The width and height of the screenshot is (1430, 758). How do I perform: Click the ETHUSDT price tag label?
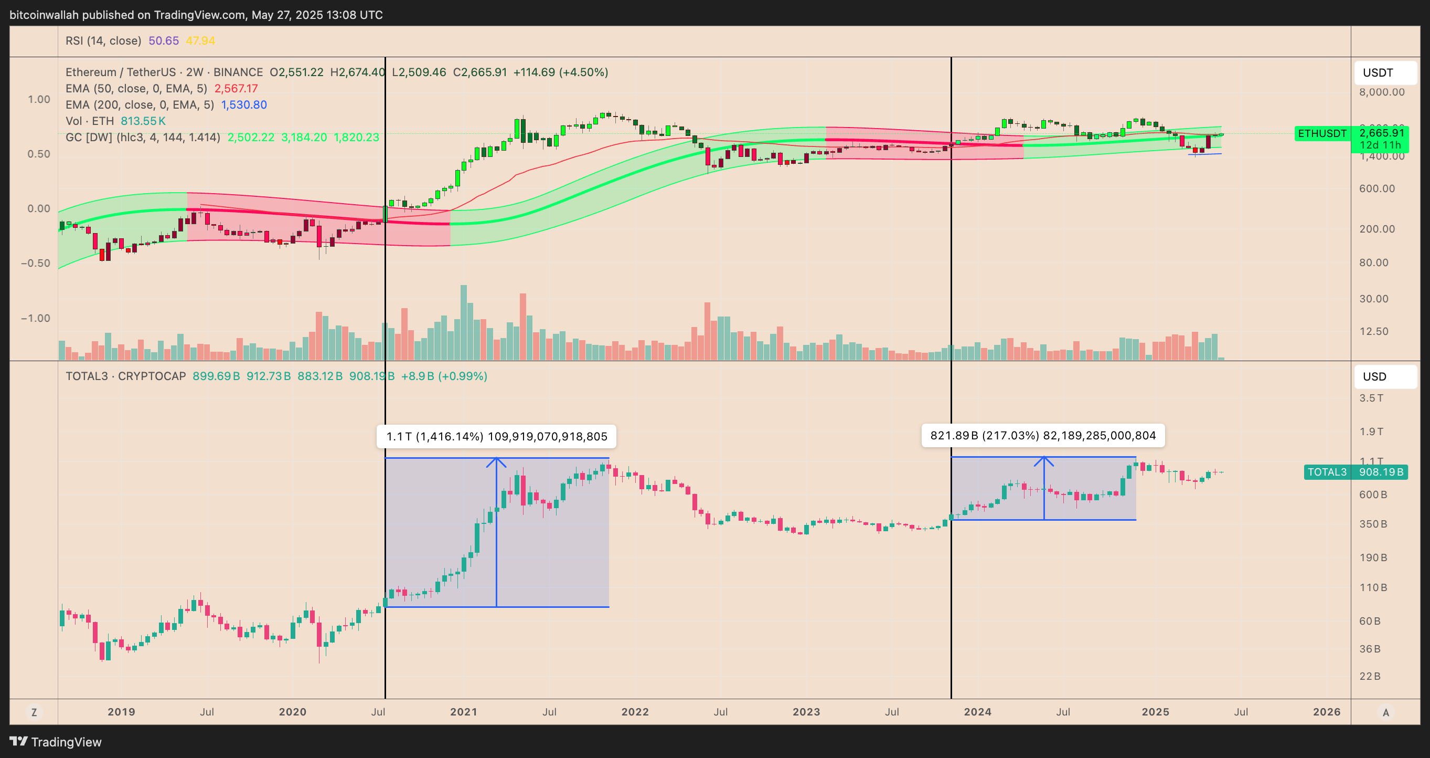tap(1322, 134)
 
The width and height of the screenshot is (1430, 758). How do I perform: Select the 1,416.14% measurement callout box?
tap(496, 436)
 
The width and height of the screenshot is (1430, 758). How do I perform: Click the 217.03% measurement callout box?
tap(1042, 435)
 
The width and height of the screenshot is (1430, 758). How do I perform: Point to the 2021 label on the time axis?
tap(464, 712)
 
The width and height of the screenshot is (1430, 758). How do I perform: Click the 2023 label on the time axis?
tap(806, 712)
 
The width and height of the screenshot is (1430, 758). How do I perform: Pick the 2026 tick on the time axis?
tap(1326, 712)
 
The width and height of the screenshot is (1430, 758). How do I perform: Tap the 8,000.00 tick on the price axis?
tap(1382, 92)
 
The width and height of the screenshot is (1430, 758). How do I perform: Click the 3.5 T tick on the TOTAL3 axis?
tap(1371, 398)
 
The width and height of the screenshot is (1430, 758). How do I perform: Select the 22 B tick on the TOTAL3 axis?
tap(1370, 676)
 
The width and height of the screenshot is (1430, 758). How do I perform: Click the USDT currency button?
tap(1385, 73)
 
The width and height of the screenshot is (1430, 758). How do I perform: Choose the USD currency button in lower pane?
tap(1385, 376)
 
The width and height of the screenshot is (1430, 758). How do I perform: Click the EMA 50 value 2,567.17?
tap(236, 89)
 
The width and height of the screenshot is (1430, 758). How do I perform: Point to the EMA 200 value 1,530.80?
tap(244, 105)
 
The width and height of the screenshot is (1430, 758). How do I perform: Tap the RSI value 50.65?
tap(164, 40)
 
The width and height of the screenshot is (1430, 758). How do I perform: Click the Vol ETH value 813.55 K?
tap(143, 121)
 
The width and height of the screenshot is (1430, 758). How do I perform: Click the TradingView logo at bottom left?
tap(56, 742)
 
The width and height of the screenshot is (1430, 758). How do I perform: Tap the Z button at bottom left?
tap(35, 712)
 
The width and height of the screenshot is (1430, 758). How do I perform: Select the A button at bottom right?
tap(1385, 712)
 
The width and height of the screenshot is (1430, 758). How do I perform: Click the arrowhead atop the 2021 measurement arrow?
tap(496, 460)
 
